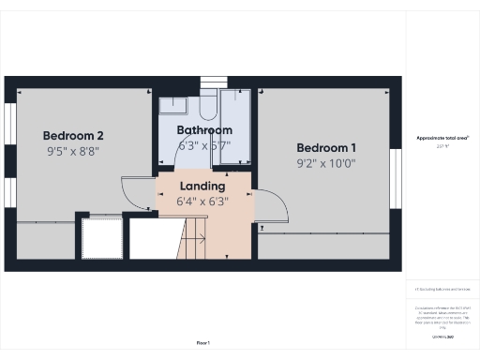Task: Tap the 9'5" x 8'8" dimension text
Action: pos(72,150)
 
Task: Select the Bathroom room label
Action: pos(204,130)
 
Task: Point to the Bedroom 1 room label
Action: pos(326,147)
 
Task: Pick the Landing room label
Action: pos(202,186)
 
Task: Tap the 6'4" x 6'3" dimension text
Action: pos(202,201)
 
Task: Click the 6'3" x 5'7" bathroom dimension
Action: pos(204,145)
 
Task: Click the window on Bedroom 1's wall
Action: pos(396,174)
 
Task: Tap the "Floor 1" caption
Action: pos(202,344)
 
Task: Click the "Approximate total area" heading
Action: pos(442,138)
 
